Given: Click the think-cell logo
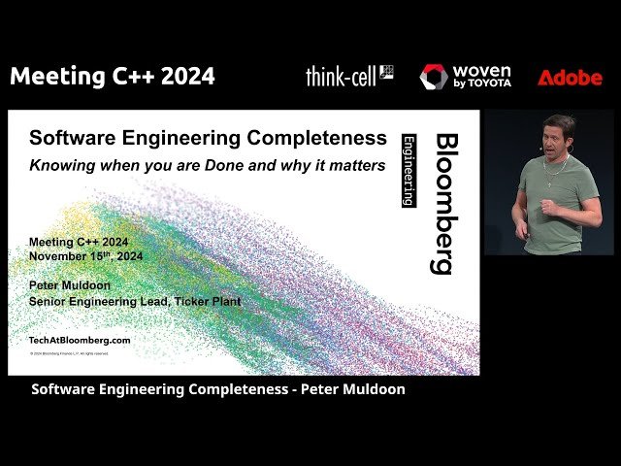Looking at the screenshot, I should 349,76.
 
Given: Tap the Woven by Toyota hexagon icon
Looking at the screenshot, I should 434,77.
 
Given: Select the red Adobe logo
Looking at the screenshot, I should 570,78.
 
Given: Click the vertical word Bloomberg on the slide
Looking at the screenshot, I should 444,203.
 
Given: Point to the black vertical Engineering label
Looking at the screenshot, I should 409,170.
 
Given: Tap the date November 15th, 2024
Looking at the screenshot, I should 86,256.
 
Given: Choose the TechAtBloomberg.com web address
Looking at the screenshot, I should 81,340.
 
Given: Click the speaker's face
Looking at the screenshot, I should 557,134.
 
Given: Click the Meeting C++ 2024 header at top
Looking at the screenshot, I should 113,76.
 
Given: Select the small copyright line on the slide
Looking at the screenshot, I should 77,354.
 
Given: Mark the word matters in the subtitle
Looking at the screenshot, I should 356,164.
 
